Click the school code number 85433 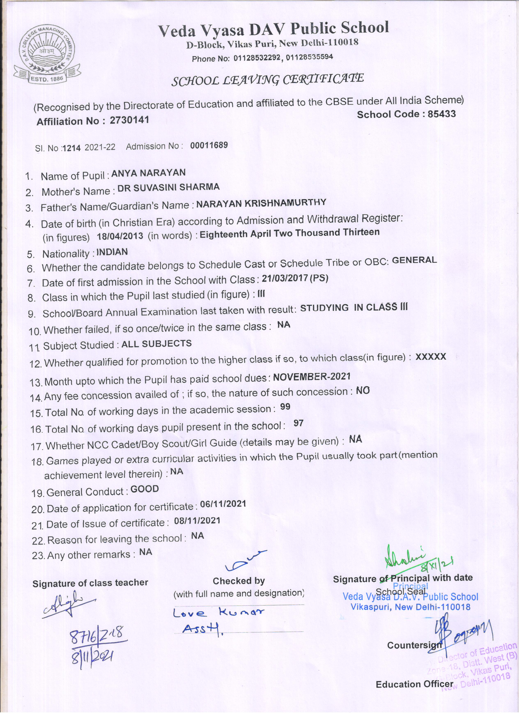[442, 114]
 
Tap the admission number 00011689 [209, 145]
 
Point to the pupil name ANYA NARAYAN [148, 173]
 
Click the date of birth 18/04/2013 [120, 236]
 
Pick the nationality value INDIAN [112, 252]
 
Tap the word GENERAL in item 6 [414, 260]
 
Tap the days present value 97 [298, 423]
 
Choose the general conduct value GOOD [145, 489]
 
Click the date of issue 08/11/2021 [197, 520]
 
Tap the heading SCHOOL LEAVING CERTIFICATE [267, 80]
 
